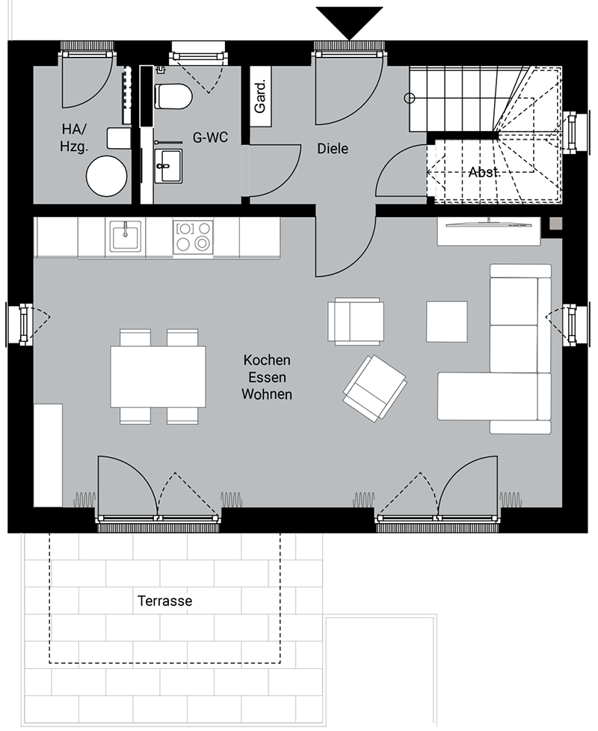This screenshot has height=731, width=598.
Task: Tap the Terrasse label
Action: click(x=165, y=601)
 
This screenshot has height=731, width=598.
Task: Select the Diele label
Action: click(x=333, y=149)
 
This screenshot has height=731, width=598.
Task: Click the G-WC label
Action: click(x=211, y=138)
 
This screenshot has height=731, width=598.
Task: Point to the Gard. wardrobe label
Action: click(x=260, y=97)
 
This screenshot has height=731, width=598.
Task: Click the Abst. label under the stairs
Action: click(x=484, y=172)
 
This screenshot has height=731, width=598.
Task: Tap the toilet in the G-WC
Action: click(x=173, y=97)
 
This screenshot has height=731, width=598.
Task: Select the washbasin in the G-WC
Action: click(x=167, y=166)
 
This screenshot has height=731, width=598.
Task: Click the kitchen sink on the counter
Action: click(x=126, y=236)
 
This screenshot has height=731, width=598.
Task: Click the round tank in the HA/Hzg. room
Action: click(x=107, y=176)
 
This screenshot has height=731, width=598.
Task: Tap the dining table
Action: click(x=158, y=376)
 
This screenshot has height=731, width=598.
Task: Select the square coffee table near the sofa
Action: click(x=447, y=322)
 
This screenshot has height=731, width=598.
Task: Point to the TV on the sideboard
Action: click(x=489, y=224)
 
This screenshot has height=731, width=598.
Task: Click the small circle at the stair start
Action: click(x=410, y=98)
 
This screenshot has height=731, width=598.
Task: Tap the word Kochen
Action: click(x=267, y=360)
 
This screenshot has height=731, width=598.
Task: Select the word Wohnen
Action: click(x=267, y=394)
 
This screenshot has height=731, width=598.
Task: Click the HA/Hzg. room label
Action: click(x=73, y=138)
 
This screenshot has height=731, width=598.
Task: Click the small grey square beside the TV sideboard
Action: click(x=556, y=224)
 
